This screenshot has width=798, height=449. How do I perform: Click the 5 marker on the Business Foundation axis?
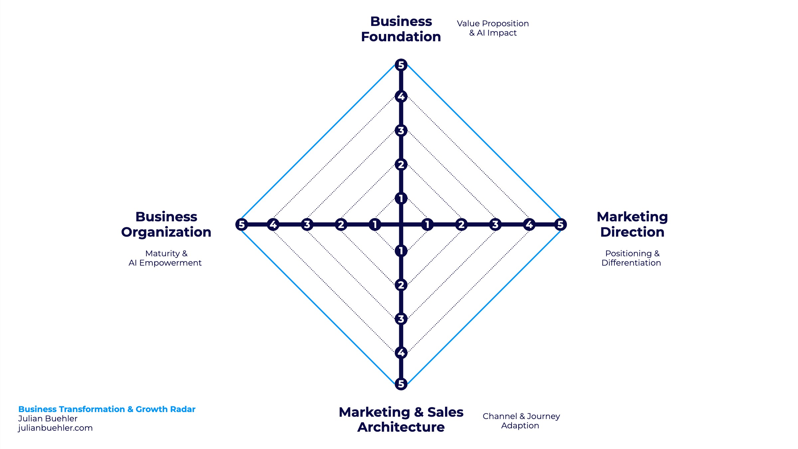pyautogui.click(x=401, y=65)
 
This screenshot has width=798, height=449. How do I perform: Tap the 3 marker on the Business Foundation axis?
pyautogui.click(x=401, y=130)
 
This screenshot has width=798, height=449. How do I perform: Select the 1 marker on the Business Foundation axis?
pyautogui.click(x=401, y=198)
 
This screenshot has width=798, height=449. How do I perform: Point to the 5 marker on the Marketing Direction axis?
pyautogui.click(x=560, y=224)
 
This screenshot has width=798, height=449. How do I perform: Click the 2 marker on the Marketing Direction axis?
pyautogui.click(x=461, y=224)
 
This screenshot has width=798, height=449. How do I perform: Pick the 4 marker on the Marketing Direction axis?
pyautogui.click(x=529, y=224)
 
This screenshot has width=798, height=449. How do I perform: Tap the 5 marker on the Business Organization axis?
pyautogui.click(x=241, y=224)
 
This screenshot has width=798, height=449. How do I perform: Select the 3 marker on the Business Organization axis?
pyautogui.click(x=307, y=224)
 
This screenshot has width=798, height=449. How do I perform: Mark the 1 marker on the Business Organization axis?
pyautogui.click(x=375, y=224)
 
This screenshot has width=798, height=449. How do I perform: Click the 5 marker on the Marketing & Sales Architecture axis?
pyautogui.click(x=401, y=384)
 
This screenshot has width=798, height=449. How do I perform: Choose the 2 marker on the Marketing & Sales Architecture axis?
pyautogui.click(x=401, y=285)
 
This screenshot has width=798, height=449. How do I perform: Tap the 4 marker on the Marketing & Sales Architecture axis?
pyautogui.click(x=401, y=352)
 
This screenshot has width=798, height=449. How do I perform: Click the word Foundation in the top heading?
pyautogui.click(x=401, y=37)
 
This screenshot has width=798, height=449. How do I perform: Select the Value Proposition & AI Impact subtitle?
pyautogui.click(x=493, y=28)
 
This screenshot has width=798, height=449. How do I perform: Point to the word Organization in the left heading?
pyautogui.click(x=166, y=232)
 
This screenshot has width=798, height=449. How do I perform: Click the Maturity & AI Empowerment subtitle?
pyautogui.click(x=165, y=258)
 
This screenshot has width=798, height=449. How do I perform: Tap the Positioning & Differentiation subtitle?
pyautogui.click(x=631, y=258)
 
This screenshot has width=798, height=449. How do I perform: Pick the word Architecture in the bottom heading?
pyautogui.click(x=401, y=427)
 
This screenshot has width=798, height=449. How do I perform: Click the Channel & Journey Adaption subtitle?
pyautogui.click(x=521, y=421)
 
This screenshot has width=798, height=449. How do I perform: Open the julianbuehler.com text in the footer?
pyautogui.click(x=55, y=428)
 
